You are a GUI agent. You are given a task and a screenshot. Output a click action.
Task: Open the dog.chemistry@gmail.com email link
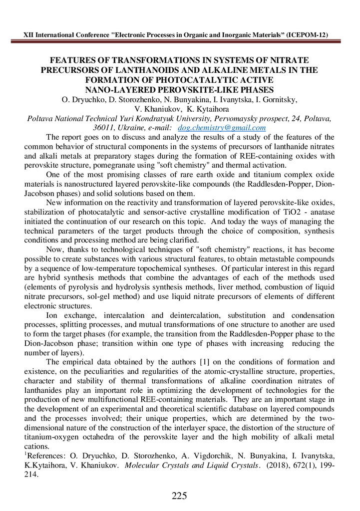tap(222, 128)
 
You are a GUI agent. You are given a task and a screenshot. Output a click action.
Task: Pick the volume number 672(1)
tap(305, 465)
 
